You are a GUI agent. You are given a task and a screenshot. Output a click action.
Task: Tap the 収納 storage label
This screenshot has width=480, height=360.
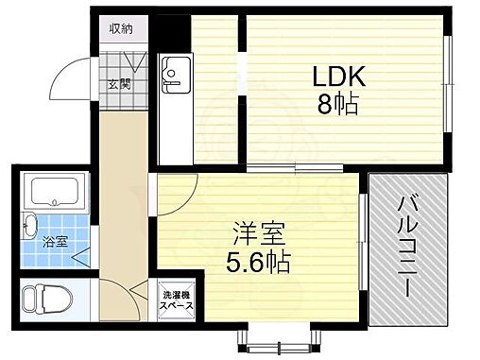coord(121,28)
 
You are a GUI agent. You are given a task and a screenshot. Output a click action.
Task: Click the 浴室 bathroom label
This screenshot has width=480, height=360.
coord(54,240)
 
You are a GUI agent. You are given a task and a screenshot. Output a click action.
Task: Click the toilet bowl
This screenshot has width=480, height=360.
coord(43,300)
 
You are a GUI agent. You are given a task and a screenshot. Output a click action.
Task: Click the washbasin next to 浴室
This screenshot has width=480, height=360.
coord(29,228)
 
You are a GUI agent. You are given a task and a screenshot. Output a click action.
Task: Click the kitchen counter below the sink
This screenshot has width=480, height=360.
coord(175,128)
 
